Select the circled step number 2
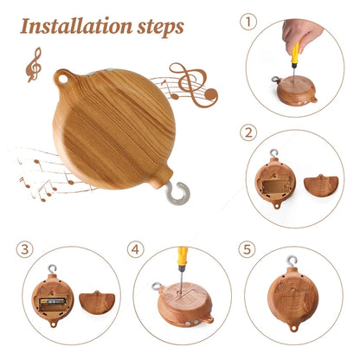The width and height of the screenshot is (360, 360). tap(250, 134)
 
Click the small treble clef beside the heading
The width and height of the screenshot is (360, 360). tap(34, 64)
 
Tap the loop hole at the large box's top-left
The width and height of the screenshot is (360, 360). tap(62, 79)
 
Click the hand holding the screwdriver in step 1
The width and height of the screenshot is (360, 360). tap(303, 35)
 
